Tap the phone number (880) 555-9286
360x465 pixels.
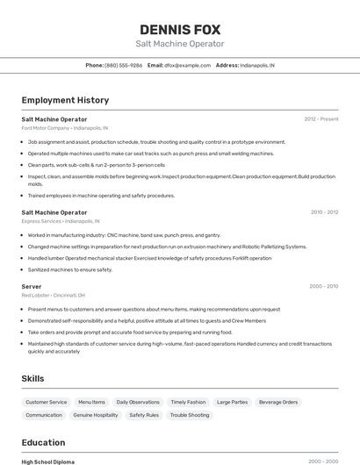click(123, 65)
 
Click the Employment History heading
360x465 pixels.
click(65, 101)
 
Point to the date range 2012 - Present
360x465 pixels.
click(320, 118)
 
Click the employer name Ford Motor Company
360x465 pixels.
click(46, 128)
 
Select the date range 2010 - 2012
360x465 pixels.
click(323, 211)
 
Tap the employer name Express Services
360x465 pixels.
click(42, 221)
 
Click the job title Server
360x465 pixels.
click(32, 286)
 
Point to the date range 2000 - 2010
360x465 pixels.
click(323, 286)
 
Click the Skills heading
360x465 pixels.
click(33, 378)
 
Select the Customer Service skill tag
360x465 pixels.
click(46, 402)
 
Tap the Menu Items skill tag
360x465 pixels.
click(91, 402)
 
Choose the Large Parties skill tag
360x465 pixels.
click(232, 402)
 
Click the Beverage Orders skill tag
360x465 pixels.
click(278, 402)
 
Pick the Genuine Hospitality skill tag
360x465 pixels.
click(95, 415)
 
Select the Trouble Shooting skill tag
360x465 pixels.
click(190, 415)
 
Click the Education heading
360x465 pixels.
click(43, 443)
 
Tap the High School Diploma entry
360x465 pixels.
click(48, 461)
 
